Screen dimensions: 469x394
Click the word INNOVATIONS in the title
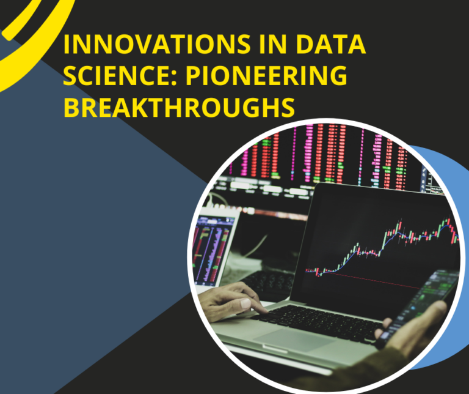(x=157, y=44)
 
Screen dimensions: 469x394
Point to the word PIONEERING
(x=266, y=75)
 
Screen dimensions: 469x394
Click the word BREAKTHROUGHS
(x=179, y=107)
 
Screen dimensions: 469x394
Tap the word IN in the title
(x=274, y=44)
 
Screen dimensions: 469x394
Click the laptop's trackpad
(x=294, y=340)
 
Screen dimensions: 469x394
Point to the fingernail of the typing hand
(x=245, y=303)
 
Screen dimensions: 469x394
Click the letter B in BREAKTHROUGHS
(x=71, y=107)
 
